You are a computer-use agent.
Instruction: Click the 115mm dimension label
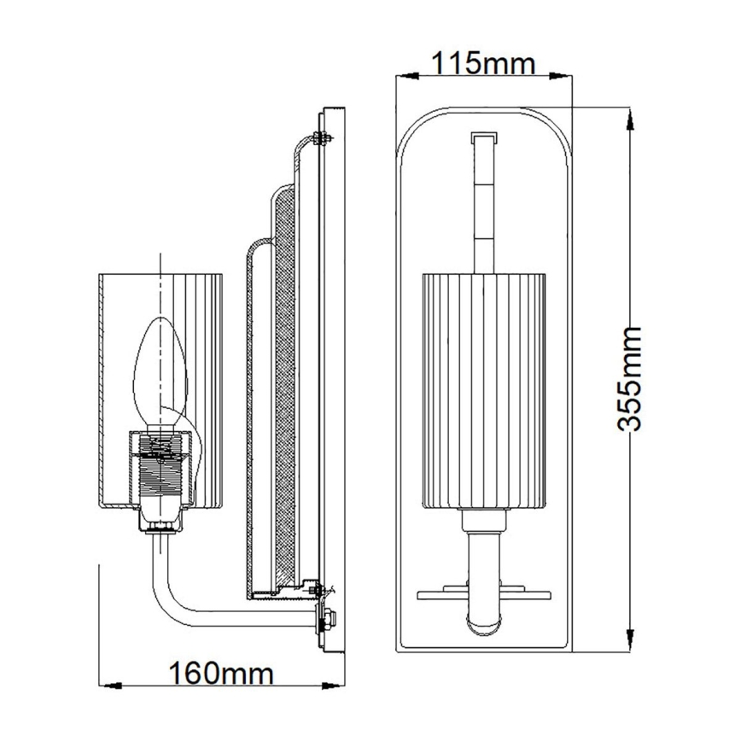coord(482,63)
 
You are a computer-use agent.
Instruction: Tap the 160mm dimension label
coord(221,674)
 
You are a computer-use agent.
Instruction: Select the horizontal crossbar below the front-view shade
coord(483,590)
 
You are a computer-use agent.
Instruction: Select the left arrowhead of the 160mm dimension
coord(105,685)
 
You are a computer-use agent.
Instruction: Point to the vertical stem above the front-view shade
coord(484,205)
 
